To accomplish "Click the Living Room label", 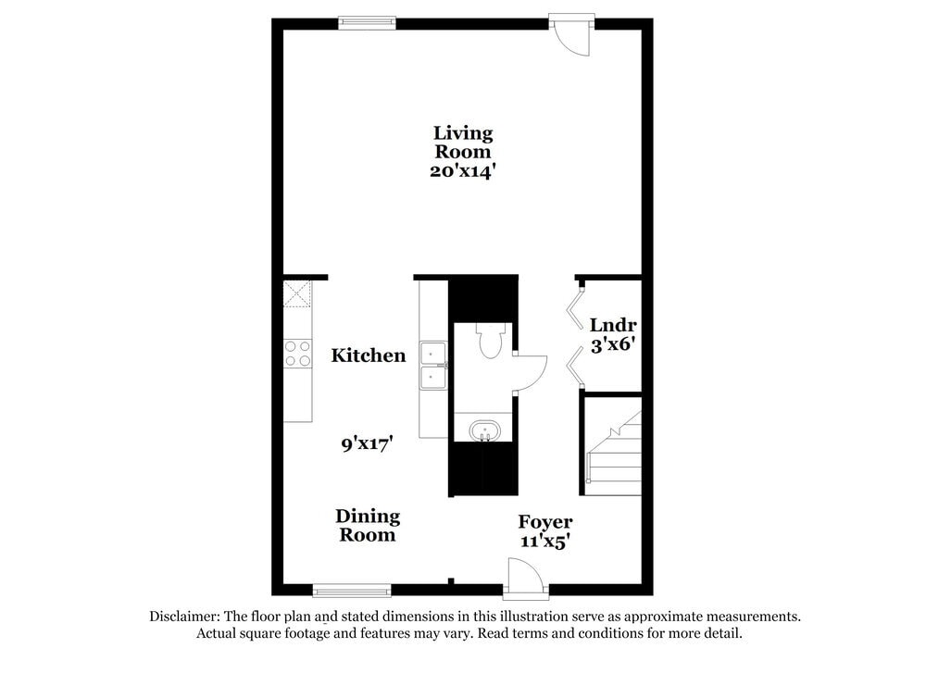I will tap(463, 143).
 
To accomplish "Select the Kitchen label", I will tap(369, 355).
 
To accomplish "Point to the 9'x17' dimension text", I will tap(369, 444).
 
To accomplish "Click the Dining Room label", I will tap(368, 525).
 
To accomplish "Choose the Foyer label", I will tap(544, 522).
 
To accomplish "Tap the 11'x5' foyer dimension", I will tap(544, 542).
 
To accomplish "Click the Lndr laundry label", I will tap(612, 326).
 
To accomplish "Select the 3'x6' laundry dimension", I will tap(612, 345).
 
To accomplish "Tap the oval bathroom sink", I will tap(484, 431).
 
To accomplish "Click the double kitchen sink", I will tap(433, 367).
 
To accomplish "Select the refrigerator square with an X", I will tap(297, 294).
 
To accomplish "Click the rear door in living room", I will tap(571, 35).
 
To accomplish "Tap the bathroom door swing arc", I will tap(531, 373).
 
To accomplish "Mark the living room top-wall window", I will tap(367, 24).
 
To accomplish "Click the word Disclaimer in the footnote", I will tap(181, 617).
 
